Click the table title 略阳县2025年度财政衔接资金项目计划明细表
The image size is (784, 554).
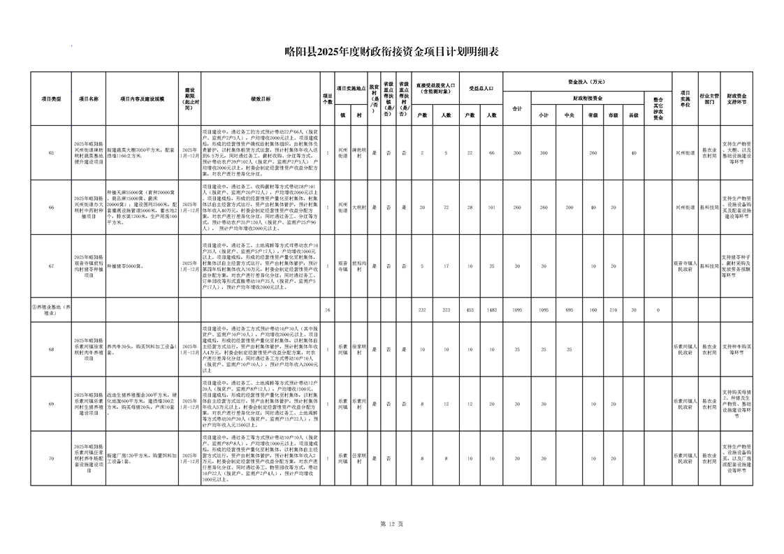392,52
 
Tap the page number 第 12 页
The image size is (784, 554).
391,523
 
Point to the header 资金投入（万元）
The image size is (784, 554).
587,81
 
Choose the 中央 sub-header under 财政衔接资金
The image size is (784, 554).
569,115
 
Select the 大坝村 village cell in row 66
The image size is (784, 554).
357,207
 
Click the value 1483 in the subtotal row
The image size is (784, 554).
493,309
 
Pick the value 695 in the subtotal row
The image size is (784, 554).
569,309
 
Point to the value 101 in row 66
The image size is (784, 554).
493,207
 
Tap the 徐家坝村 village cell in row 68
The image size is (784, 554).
357,349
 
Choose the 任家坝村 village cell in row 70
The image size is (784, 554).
357,458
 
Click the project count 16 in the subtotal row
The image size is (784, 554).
328,309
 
